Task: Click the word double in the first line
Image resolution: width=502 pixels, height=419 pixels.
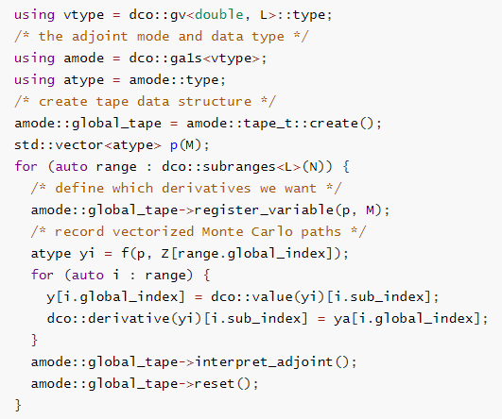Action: (x=219, y=15)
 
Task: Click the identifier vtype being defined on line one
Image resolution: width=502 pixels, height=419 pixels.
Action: (x=84, y=15)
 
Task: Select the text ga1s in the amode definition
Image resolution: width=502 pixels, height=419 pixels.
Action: (x=186, y=59)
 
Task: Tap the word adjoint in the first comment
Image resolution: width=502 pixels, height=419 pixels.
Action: (x=100, y=37)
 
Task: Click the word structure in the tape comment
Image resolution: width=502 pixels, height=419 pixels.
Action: (x=215, y=102)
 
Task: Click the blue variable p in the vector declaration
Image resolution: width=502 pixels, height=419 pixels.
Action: (x=174, y=146)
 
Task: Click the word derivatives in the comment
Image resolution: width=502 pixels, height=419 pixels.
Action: (x=206, y=188)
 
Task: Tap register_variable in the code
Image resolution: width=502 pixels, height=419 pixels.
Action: (x=264, y=210)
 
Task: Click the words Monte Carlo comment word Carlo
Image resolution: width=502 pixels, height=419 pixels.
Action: (x=272, y=231)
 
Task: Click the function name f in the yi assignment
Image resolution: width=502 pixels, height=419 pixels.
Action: (x=125, y=253)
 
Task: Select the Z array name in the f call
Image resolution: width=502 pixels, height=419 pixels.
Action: (x=165, y=254)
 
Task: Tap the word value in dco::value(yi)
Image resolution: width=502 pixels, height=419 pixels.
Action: (x=272, y=296)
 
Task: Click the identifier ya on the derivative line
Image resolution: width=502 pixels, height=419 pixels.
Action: (x=342, y=319)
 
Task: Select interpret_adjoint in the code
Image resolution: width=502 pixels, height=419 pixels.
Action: (x=264, y=361)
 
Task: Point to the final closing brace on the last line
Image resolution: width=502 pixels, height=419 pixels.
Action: (x=18, y=405)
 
